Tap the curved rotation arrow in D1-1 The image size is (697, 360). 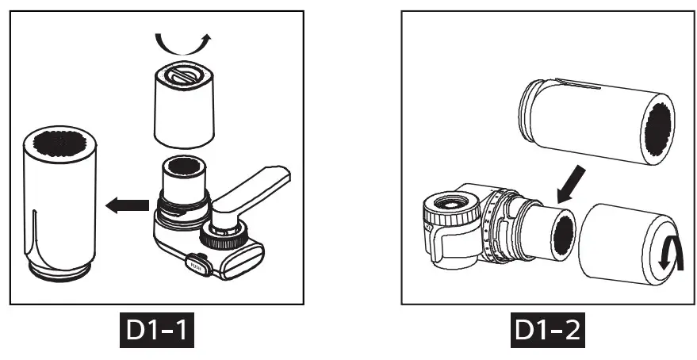coord(183,39)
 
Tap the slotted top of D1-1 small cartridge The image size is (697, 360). coord(183,77)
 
